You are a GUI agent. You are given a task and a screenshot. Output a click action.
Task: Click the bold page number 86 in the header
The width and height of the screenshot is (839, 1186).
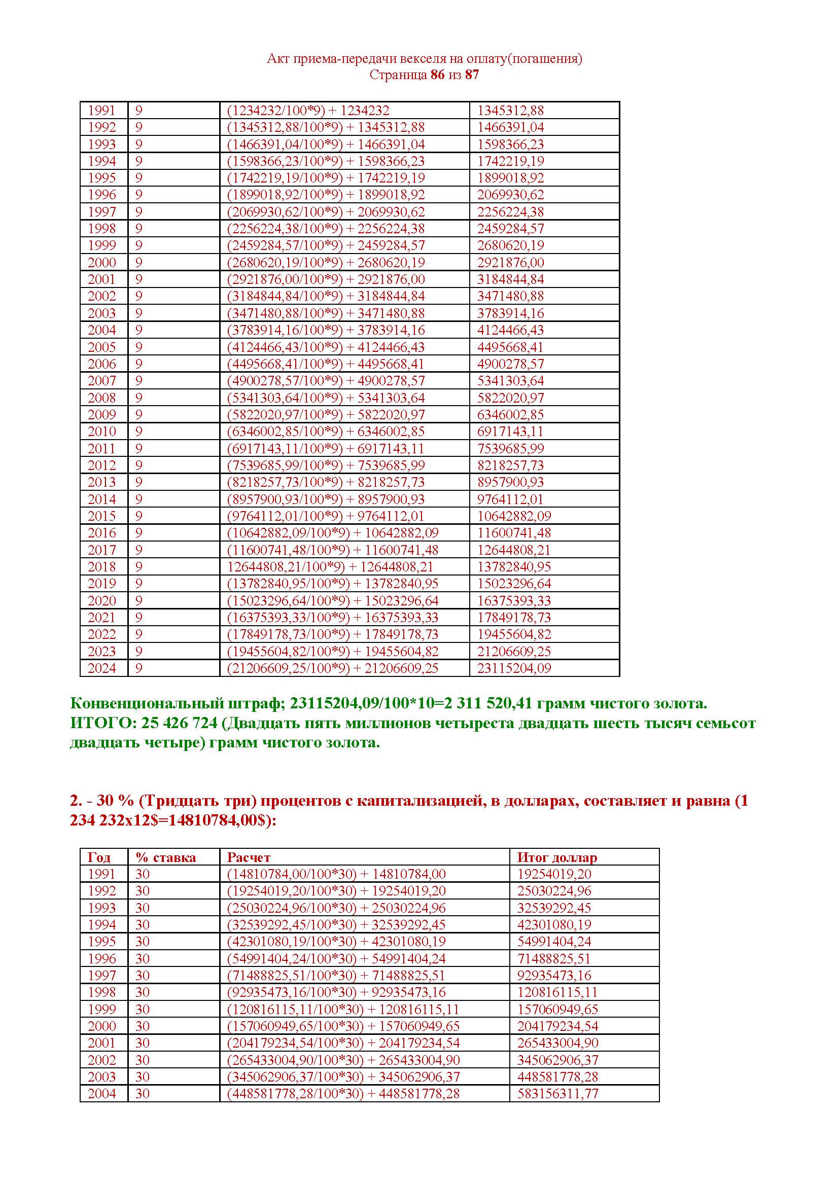(437, 75)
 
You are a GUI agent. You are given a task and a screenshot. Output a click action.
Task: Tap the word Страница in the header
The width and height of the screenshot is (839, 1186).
(398, 75)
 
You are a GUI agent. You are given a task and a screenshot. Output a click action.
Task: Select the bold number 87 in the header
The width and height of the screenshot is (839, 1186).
(472, 75)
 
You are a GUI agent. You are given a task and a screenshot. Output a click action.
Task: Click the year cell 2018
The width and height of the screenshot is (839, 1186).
(102, 567)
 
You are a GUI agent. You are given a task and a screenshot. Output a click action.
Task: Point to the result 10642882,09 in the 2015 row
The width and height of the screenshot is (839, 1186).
(514, 516)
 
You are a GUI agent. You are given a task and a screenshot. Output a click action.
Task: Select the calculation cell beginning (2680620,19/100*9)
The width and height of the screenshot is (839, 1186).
(326, 263)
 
